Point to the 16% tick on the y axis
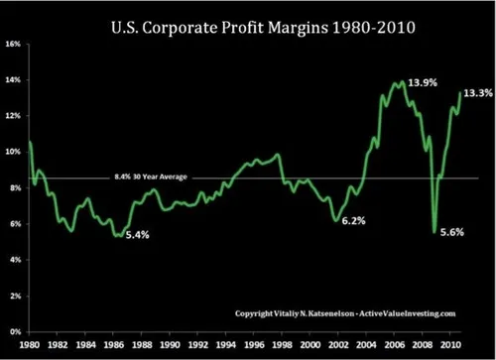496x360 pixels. point(13,44)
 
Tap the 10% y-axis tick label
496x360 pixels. point(13,152)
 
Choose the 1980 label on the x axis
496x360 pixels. point(30,345)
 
